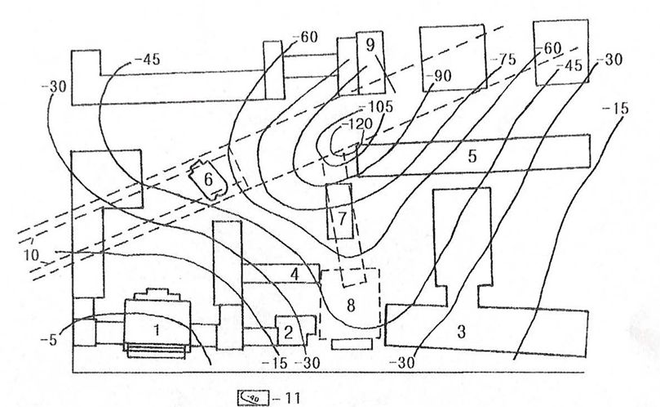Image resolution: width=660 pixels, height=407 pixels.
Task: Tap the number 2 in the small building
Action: click(288, 332)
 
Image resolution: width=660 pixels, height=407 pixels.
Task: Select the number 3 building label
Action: click(461, 332)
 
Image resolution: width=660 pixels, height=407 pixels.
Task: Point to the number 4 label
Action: click(293, 273)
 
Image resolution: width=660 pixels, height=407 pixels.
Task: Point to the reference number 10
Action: click(32, 255)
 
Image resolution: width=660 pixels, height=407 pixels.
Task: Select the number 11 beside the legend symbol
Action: click(292, 398)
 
